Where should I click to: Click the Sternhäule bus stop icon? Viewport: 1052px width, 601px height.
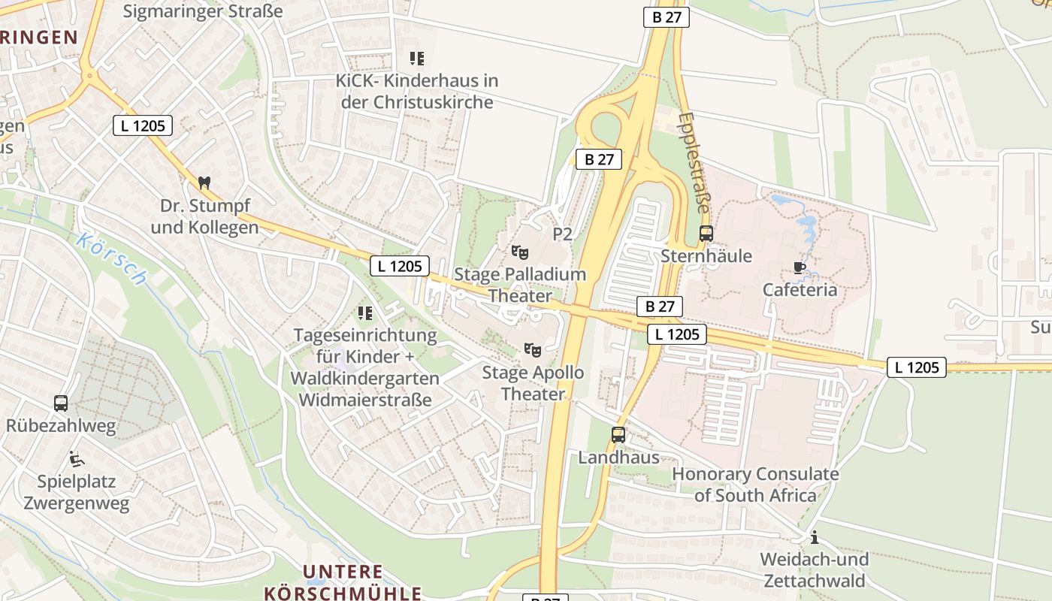click(x=706, y=234)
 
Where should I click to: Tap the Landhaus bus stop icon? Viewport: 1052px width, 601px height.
click(x=618, y=434)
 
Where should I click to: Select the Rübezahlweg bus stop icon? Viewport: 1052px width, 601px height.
click(x=61, y=403)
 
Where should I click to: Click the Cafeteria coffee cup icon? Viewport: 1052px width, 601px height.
click(x=800, y=267)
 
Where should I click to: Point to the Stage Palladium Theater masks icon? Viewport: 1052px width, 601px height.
click(x=519, y=252)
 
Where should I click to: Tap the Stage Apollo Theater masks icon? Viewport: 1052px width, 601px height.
click(x=533, y=349)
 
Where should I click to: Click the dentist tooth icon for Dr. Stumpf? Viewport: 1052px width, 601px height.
click(x=204, y=183)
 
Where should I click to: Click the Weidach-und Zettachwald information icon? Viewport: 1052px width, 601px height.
click(x=814, y=537)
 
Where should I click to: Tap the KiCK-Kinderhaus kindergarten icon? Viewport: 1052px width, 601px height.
click(x=417, y=58)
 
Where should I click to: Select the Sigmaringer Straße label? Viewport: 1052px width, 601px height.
click(x=203, y=11)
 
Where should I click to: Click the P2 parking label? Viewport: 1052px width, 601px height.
click(x=562, y=234)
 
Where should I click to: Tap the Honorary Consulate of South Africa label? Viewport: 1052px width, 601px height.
click(x=754, y=485)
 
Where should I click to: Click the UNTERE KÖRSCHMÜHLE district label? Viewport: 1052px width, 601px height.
click(x=343, y=582)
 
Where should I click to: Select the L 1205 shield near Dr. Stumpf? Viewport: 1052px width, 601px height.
click(x=143, y=125)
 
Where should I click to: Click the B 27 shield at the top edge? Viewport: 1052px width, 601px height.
click(x=666, y=17)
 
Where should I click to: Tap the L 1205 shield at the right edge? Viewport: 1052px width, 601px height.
click(x=917, y=367)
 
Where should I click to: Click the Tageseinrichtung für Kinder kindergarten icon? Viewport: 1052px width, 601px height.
click(x=365, y=313)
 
